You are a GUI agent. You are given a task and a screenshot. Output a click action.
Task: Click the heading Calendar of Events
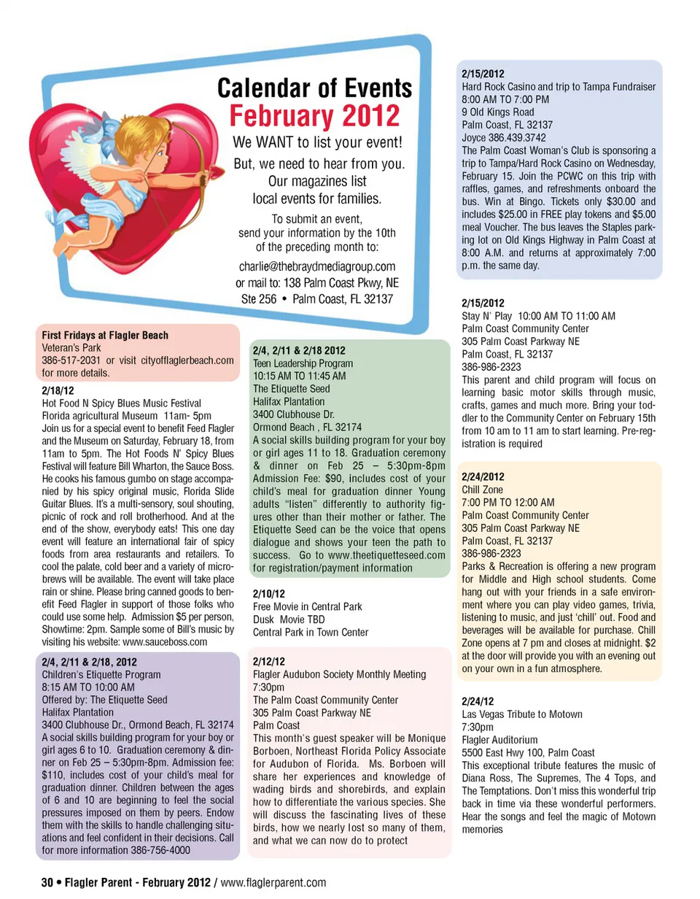click(x=315, y=89)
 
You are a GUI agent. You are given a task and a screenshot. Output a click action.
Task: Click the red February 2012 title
click(x=315, y=117)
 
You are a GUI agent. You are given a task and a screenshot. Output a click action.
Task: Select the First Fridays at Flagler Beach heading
click(x=105, y=336)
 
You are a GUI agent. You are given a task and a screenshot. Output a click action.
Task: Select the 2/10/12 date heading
click(x=268, y=595)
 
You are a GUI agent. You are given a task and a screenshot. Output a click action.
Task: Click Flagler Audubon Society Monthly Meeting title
click(x=339, y=675)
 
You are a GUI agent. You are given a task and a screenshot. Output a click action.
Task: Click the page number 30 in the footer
click(x=47, y=883)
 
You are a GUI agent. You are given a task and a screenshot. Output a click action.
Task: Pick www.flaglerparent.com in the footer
click(x=273, y=883)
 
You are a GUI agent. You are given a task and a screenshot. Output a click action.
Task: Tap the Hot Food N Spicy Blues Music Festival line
click(x=122, y=404)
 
